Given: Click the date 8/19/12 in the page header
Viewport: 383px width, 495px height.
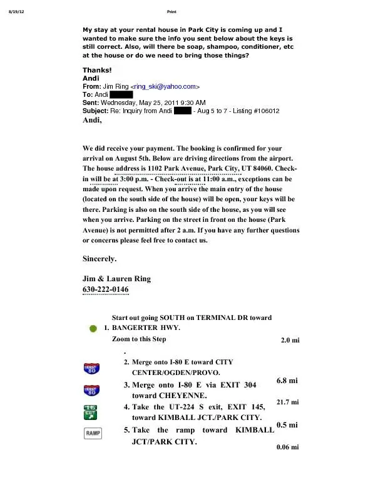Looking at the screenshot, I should [x=13, y=11].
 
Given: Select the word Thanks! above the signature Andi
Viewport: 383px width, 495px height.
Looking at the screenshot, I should [x=96, y=70].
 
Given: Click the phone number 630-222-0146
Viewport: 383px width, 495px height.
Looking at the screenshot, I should [x=106, y=290].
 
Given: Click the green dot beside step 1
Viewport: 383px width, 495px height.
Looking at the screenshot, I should [x=93, y=327].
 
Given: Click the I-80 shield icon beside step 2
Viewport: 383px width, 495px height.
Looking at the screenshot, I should [x=91, y=367].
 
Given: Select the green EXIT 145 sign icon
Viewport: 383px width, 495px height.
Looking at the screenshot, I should [x=91, y=411].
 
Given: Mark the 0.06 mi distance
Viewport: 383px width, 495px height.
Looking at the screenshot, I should [x=287, y=447].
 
